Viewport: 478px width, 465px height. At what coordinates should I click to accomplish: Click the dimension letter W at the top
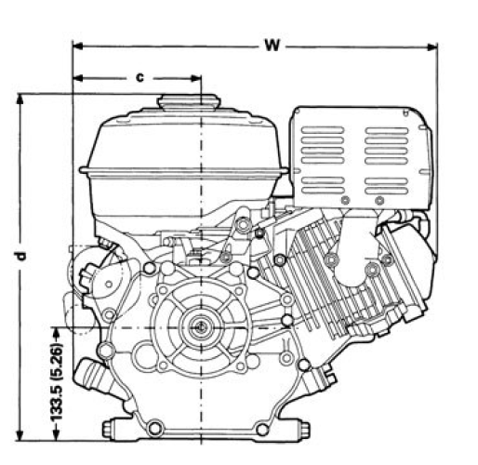pyautogui.click(x=270, y=44)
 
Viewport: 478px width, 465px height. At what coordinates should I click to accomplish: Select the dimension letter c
pyautogui.click(x=139, y=77)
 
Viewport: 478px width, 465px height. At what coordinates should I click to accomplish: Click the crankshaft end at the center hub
pyautogui.click(x=200, y=327)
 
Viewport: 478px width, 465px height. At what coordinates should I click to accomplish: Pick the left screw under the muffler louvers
pyautogui.click(x=345, y=201)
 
